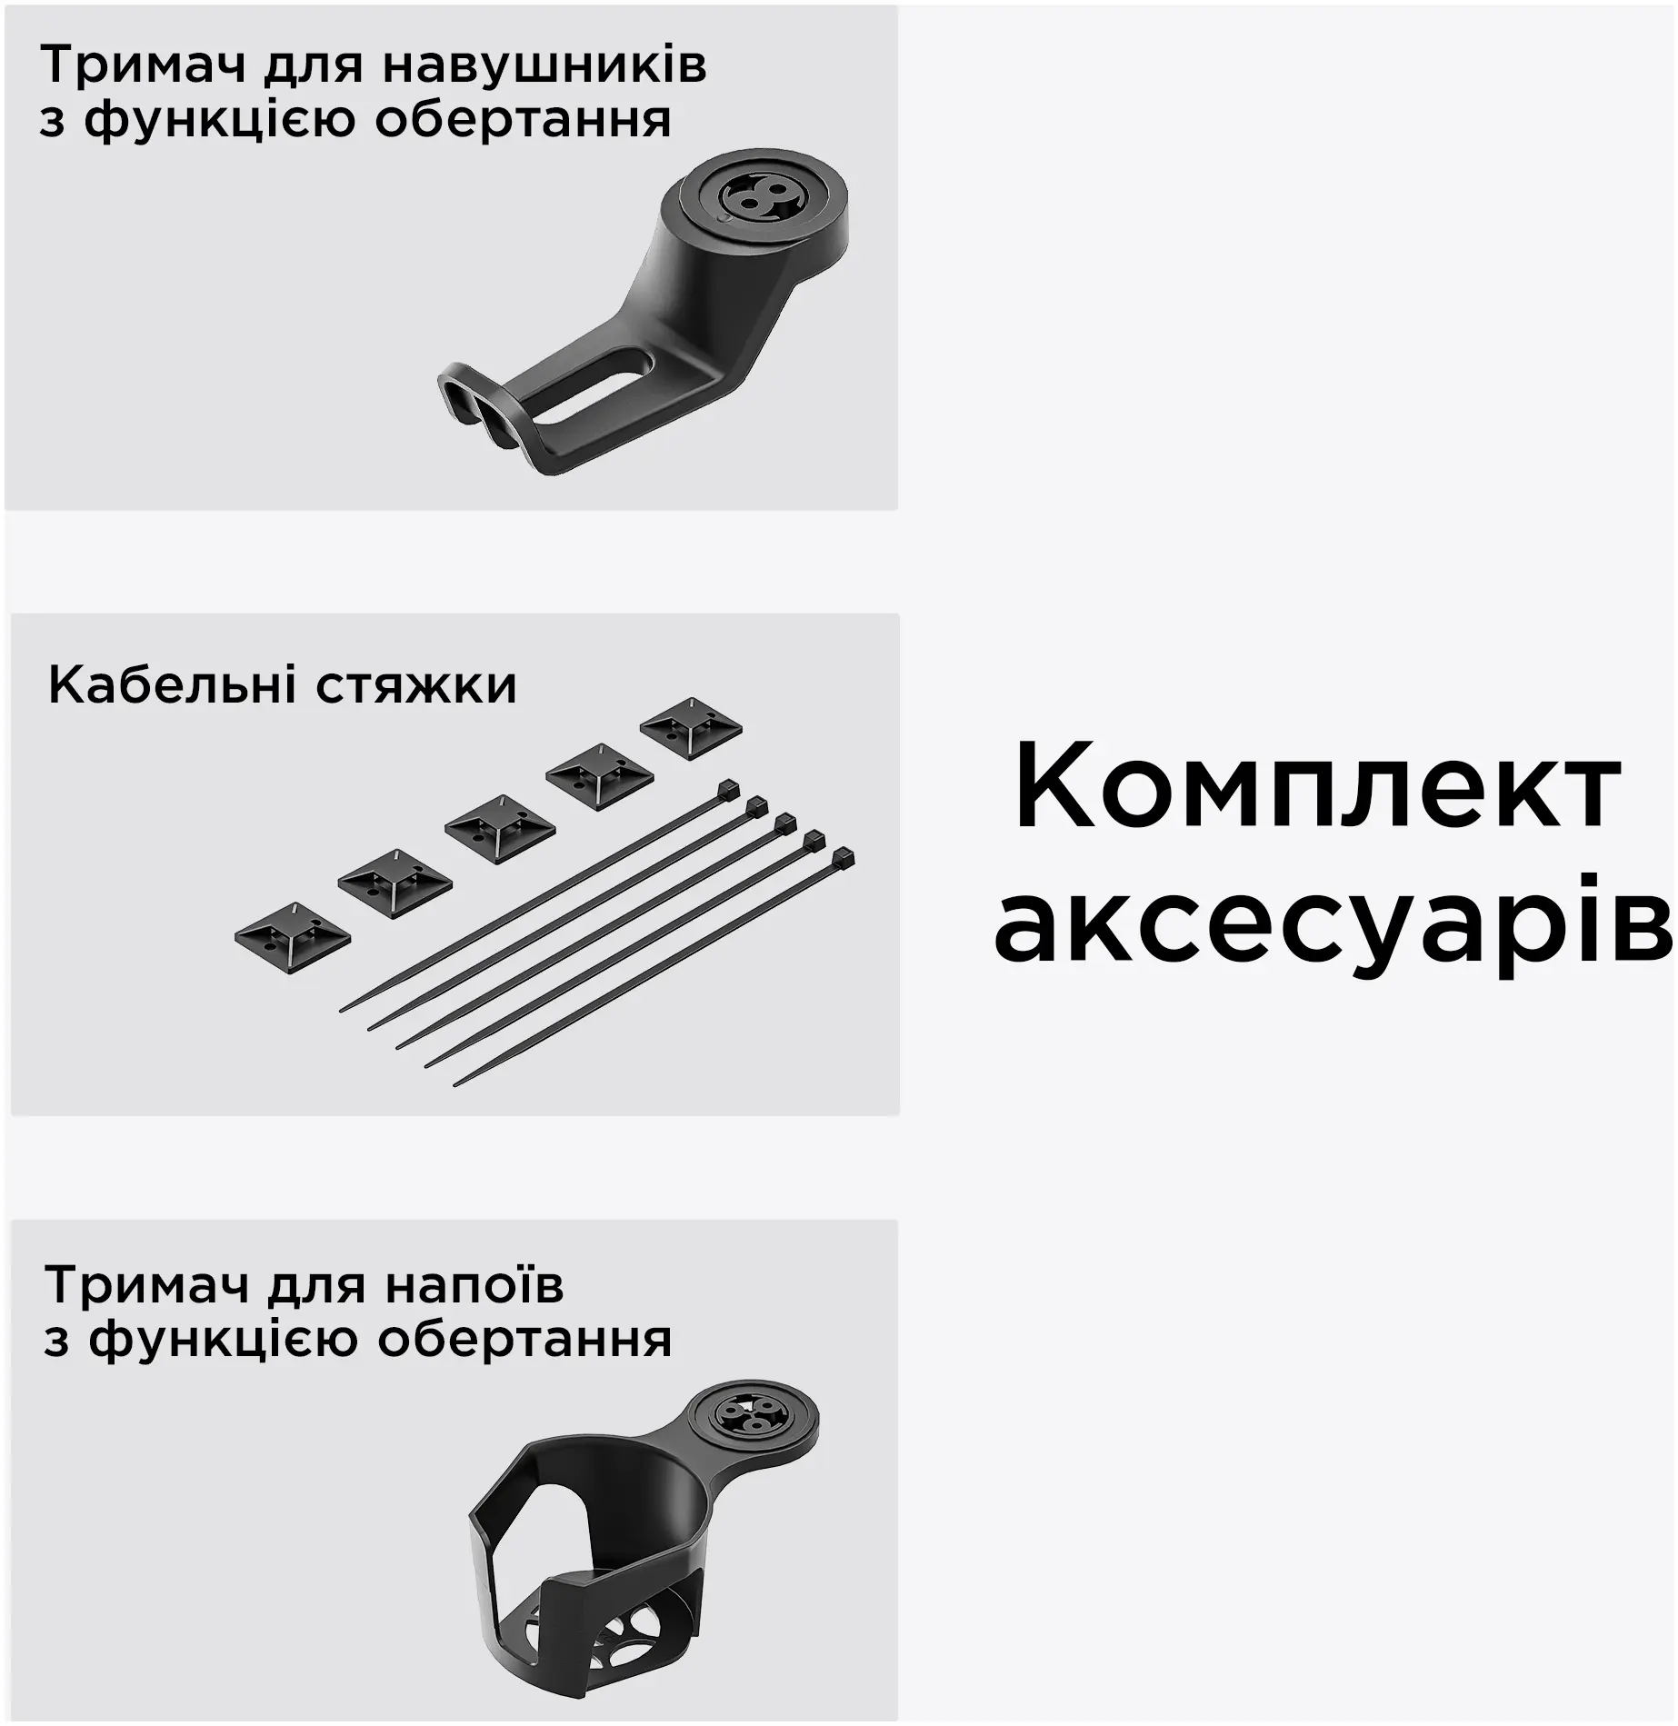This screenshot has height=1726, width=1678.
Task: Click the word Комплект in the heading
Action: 1317,786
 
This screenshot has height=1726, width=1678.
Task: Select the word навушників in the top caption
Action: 544,65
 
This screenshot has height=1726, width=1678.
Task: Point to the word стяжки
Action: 416,687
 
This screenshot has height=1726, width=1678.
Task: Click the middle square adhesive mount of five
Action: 500,828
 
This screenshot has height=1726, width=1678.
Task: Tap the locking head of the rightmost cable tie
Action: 844,860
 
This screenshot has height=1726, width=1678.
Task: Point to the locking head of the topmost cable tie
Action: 729,789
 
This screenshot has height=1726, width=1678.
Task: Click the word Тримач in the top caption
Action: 144,65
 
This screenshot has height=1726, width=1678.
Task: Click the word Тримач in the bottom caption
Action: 147,1285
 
